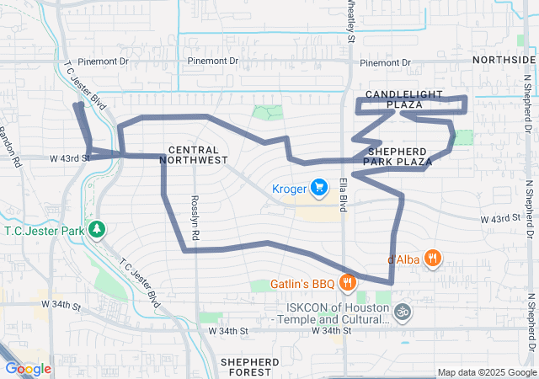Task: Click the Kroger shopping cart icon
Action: click(x=319, y=187)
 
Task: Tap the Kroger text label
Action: click(x=289, y=188)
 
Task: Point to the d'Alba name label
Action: click(x=403, y=259)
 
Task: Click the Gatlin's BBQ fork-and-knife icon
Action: click(x=346, y=282)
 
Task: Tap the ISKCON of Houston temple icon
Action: click(x=403, y=312)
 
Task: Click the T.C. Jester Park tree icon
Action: click(x=98, y=229)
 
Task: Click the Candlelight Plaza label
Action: click(x=393, y=98)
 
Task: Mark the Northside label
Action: click(x=504, y=61)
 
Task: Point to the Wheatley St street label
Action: click(x=350, y=21)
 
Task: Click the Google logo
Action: click(x=28, y=368)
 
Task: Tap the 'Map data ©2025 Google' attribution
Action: click(x=486, y=372)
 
